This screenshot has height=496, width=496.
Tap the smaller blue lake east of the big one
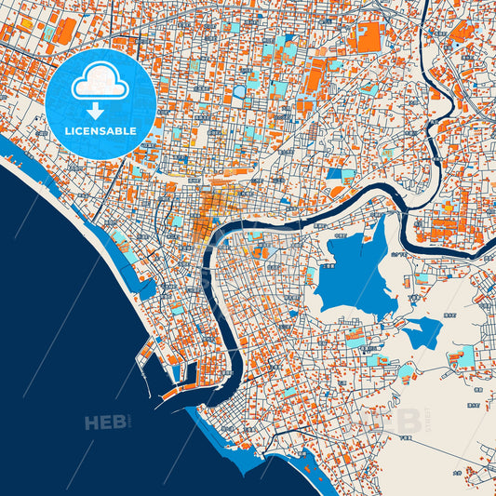click(423, 332)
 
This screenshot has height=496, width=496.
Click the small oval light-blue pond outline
click(238, 92)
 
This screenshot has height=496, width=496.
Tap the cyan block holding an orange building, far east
click(463, 355)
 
